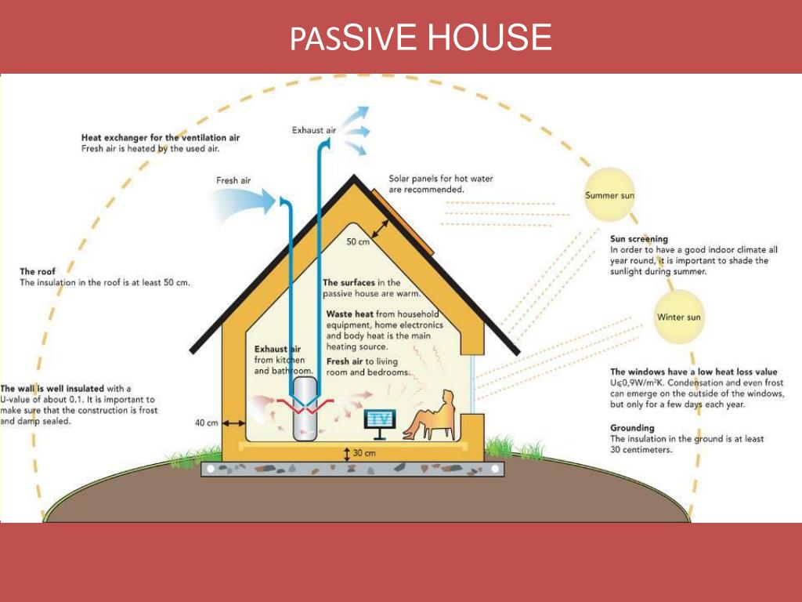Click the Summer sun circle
point(609,194)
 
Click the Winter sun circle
point(679,317)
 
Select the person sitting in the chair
point(430,415)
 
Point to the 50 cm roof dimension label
point(358,241)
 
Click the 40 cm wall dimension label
point(207,422)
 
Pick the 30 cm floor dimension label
point(364,453)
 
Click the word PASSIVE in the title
point(353,38)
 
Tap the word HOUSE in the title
point(490,38)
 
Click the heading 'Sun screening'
point(639,239)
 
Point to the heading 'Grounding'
point(632,428)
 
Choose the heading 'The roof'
point(38,271)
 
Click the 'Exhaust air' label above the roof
point(314,130)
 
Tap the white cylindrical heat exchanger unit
point(305,408)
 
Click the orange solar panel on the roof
point(403,222)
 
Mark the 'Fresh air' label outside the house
point(233,180)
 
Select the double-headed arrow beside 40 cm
point(233,423)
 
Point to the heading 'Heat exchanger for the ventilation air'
point(161,137)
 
